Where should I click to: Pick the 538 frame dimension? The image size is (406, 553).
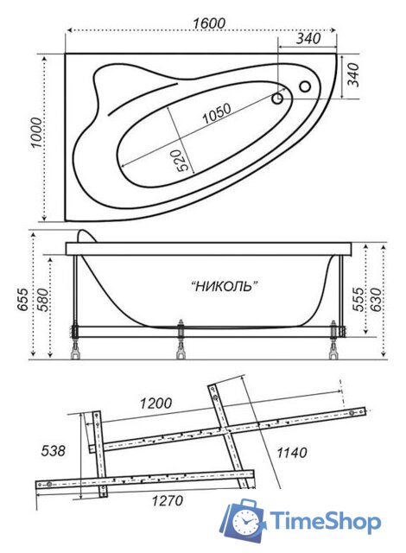[x=53, y=450]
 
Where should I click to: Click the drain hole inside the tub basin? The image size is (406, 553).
[x=278, y=99]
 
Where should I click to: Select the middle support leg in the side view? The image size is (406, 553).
[x=181, y=340]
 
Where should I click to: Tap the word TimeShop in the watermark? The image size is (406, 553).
[x=325, y=522]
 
